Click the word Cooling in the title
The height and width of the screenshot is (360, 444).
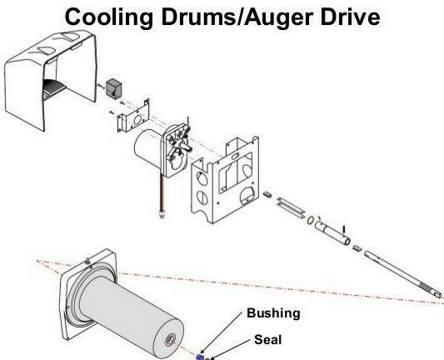tap(109, 17)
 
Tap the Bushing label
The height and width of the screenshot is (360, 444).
tap(273, 313)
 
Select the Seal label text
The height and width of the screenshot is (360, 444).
tap(268, 340)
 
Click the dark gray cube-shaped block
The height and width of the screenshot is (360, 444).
tap(114, 88)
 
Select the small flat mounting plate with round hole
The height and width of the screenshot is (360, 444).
tap(133, 117)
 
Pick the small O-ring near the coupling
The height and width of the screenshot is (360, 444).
tap(310, 220)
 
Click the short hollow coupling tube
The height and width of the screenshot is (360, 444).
tap(332, 232)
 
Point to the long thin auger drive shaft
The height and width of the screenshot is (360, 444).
tap(403, 274)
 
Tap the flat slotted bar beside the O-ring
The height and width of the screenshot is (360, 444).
tap(291, 207)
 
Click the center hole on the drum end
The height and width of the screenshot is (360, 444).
tap(170, 339)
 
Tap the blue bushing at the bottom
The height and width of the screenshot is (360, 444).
tap(200, 357)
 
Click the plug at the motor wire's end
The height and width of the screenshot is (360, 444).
tap(162, 214)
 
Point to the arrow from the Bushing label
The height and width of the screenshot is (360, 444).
tap(222, 333)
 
